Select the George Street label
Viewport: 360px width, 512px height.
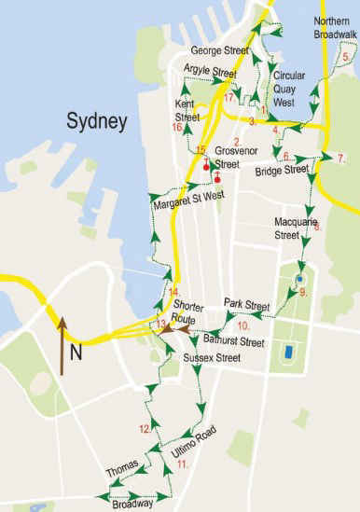(220, 49)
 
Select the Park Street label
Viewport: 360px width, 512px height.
(246, 305)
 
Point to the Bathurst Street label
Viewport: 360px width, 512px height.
(239, 342)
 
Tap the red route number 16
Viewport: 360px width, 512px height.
(177, 128)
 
